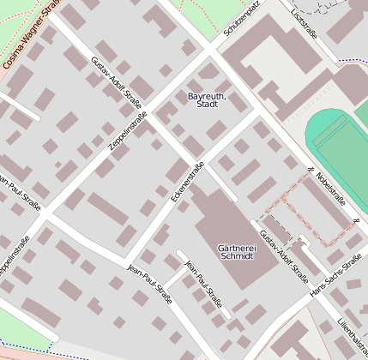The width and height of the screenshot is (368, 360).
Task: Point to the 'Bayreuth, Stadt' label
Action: (x=207, y=99)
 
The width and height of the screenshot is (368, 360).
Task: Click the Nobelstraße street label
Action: (x=330, y=188)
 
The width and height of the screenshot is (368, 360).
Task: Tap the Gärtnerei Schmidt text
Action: (x=237, y=250)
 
